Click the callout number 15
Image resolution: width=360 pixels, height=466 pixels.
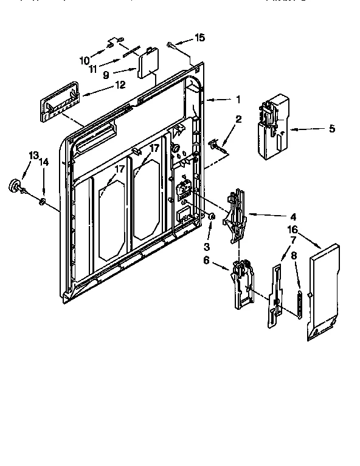(x=199, y=38)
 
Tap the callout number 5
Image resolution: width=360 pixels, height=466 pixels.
(x=331, y=128)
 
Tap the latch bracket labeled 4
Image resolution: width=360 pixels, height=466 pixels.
(x=235, y=216)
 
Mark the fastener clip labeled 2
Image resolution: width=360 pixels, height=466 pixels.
(x=216, y=144)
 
